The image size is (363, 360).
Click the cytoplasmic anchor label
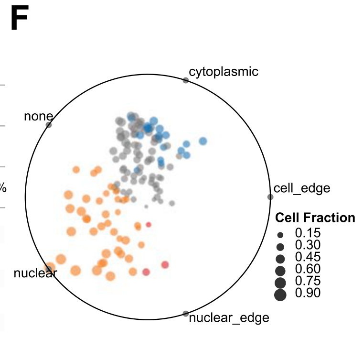click(x=224, y=72)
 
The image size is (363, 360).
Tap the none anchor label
click(x=38, y=116)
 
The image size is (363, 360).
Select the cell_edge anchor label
click(x=302, y=188)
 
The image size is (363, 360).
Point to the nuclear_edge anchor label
click(x=229, y=318)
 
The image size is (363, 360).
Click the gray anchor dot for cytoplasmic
click(x=186, y=80)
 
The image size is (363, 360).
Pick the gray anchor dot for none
click(x=49, y=125)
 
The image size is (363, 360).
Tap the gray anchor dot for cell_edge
click(x=270, y=197)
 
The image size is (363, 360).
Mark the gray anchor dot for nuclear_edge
click(x=186, y=314)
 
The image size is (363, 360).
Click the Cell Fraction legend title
click(x=315, y=218)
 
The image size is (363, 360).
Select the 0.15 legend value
click(x=308, y=233)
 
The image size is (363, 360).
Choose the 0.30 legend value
click(x=308, y=245)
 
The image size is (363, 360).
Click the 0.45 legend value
click(x=308, y=257)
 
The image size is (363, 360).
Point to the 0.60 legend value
click(x=308, y=269)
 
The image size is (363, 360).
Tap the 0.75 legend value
click(x=308, y=281)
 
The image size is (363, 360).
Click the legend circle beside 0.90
click(x=280, y=295)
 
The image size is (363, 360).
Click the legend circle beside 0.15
click(x=280, y=235)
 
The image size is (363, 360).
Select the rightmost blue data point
click(x=203, y=141)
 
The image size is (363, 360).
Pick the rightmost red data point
click(x=165, y=265)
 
